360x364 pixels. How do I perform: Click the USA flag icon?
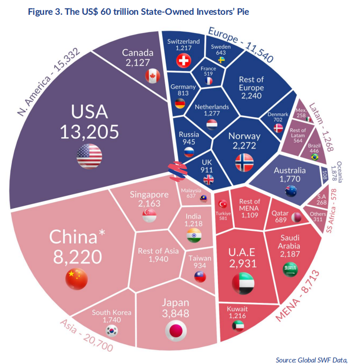89,155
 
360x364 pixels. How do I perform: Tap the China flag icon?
76,279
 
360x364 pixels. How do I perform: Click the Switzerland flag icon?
183,61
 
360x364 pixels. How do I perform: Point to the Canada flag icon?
152,75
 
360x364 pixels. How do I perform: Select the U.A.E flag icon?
242,282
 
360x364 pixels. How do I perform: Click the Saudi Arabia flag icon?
290,269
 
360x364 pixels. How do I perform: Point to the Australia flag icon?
290,191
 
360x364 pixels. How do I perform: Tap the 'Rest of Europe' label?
251,83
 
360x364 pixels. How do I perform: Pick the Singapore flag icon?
149,216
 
